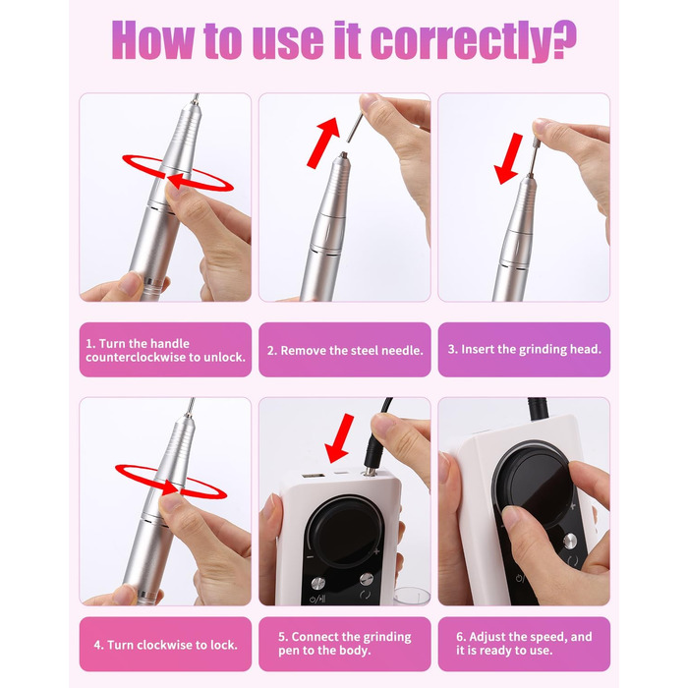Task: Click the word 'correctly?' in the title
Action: coord(474,40)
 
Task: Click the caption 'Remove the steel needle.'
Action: coord(345,350)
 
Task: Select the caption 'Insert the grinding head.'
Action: coord(524,349)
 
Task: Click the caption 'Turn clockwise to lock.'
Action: coord(166,645)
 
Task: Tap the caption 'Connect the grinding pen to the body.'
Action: coord(345,643)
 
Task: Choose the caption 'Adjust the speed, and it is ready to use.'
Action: coord(524,643)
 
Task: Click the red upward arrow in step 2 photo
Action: coord(323,143)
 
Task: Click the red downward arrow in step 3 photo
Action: coord(509,158)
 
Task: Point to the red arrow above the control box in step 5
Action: coord(340,438)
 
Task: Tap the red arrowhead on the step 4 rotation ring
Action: coord(170,487)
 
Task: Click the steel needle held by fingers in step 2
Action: coord(355,127)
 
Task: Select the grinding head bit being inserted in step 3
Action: coord(533,153)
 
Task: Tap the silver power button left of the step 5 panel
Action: coord(318,583)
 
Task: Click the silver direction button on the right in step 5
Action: coord(367,579)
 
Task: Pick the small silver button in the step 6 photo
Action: coord(570,541)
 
